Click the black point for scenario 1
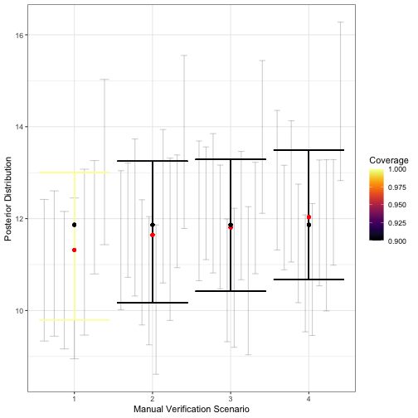point(75,225)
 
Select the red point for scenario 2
point(153,235)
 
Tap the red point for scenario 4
point(309,217)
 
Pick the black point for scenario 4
point(309,225)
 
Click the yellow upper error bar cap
point(75,173)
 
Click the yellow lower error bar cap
point(75,320)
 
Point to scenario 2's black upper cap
point(153,161)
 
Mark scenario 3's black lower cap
point(231,291)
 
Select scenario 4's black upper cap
point(309,150)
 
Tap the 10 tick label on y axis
point(19,311)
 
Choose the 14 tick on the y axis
point(19,127)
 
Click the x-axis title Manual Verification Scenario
point(192,410)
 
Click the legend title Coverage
point(389,160)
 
